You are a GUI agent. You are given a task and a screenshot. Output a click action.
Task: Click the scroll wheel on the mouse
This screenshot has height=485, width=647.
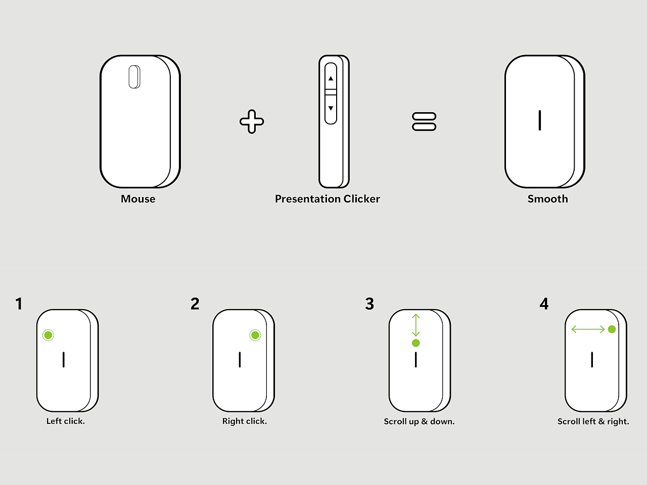tap(134, 77)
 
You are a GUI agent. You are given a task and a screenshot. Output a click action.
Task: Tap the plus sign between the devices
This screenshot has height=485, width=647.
tap(252, 122)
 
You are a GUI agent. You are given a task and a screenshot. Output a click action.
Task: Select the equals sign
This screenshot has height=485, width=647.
tap(424, 121)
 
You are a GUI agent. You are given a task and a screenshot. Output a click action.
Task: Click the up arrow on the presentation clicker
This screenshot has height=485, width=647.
tap(331, 79)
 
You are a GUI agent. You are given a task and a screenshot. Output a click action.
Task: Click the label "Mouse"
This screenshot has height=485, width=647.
tap(138, 199)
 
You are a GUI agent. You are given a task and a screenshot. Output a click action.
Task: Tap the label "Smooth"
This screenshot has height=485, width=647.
tap(547, 199)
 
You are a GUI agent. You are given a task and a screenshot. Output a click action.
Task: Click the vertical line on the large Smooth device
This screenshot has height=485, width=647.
tap(540, 120)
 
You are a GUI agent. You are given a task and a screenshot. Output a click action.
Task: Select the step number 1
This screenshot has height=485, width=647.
tap(19, 304)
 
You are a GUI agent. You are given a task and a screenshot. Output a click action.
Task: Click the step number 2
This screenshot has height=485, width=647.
tap(195, 304)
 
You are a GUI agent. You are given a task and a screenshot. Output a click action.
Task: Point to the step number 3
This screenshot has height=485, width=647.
tap(369, 304)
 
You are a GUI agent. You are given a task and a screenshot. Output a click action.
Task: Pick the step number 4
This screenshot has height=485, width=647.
tap(544, 304)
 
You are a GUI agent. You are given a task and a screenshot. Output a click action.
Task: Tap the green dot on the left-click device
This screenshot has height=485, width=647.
tap(48, 335)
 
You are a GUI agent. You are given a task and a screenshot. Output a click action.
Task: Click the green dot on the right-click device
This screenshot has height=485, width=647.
tap(255, 335)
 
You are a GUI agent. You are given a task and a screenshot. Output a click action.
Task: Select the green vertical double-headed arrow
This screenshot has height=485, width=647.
tap(416, 325)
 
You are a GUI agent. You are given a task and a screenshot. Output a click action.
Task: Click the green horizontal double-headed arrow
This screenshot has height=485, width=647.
tap(588, 329)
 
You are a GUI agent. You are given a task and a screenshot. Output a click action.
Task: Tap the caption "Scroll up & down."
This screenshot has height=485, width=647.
tap(419, 422)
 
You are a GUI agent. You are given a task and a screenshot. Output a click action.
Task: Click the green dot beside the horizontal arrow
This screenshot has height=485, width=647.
tap(612, 329)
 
